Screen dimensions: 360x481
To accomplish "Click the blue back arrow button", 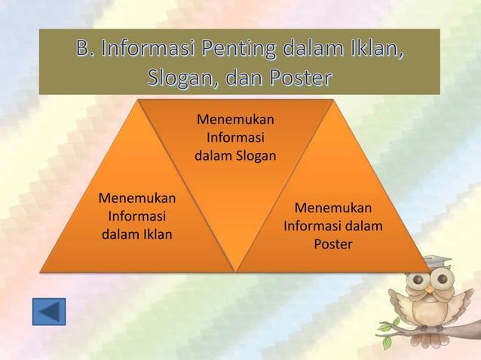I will point(49,312).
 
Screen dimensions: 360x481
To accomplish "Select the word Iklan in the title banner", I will point(375,52).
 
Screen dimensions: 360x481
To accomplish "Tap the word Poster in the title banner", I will point(296,78).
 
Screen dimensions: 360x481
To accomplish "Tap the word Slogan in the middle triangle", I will point(254,157).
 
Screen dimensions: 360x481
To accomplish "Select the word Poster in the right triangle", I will point(332,244).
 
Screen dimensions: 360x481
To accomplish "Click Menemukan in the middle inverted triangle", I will point(235,120).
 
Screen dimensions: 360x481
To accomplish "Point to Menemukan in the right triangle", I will point(332,208).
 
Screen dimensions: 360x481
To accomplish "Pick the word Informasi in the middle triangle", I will point(235,138).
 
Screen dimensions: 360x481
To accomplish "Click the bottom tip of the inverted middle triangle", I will point(237,270).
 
